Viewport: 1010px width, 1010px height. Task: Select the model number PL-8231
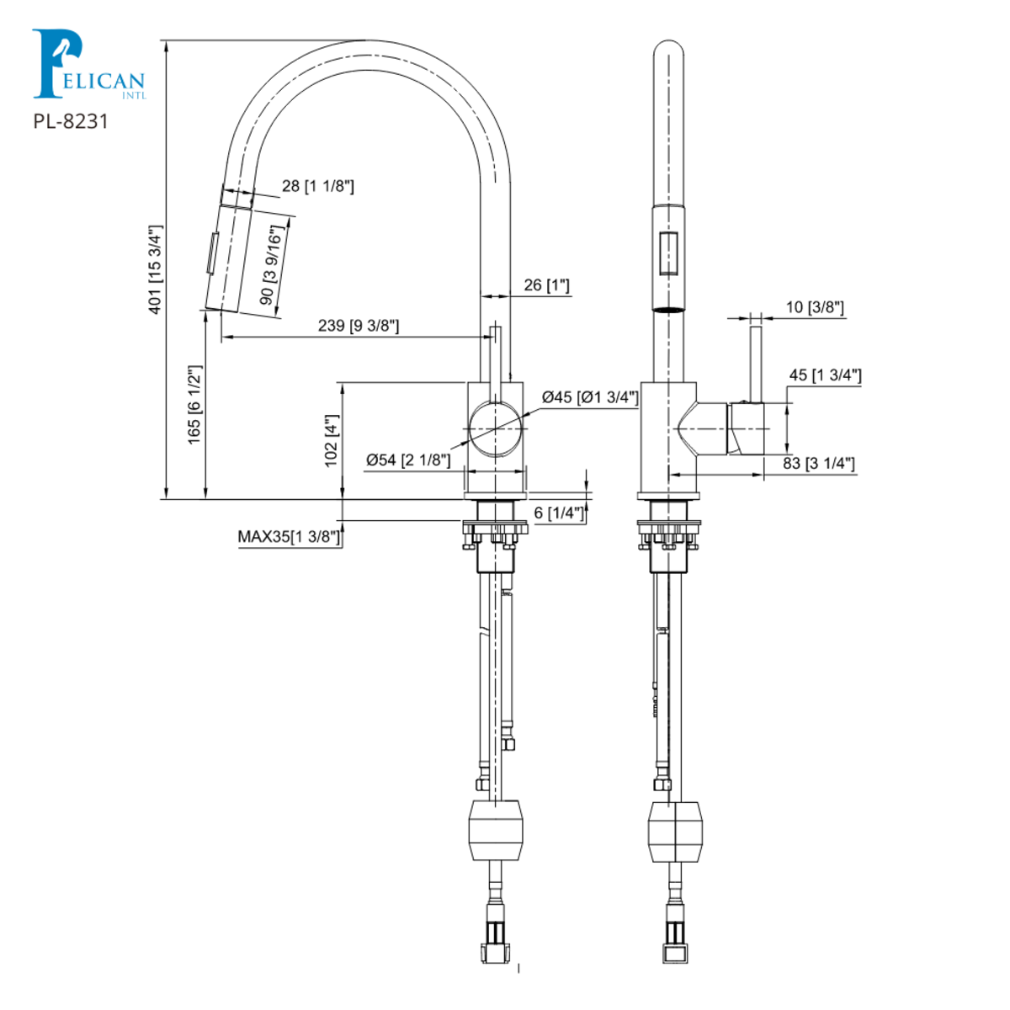71,121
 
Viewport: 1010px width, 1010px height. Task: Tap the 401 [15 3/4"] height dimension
155,269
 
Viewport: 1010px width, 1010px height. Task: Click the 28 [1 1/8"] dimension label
317,186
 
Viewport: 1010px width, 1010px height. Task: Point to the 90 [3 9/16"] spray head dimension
270,265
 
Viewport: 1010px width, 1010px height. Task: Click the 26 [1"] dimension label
546,285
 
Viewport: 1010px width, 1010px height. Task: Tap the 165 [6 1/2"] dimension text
194,405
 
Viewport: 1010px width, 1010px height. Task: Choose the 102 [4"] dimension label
331,439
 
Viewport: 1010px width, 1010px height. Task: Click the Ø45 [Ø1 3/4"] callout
590,397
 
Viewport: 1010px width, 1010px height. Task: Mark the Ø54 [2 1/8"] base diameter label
408,460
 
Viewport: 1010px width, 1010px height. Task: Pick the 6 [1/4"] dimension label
559,513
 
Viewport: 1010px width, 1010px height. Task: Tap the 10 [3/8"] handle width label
815,307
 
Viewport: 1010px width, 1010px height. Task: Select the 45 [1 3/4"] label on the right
825,375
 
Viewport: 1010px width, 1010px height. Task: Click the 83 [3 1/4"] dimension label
819,463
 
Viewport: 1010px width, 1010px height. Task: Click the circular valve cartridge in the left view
496,428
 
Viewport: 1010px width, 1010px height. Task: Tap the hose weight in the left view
495,830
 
